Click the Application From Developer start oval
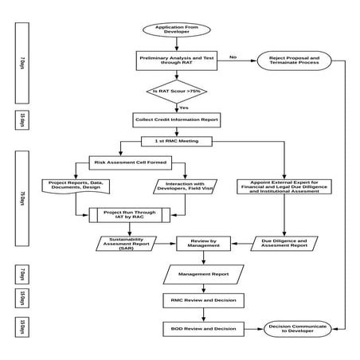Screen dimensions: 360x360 coord(176,29)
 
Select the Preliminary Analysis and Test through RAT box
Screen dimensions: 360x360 coord(176,61)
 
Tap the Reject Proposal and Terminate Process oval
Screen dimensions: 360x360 coord(292,61)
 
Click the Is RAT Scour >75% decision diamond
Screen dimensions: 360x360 coord(176,92)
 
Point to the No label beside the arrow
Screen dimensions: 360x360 coord(233,57)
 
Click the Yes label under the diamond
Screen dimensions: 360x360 coord(184,108)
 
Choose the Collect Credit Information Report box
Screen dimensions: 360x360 coord(176,120)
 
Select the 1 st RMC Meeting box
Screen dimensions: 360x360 coord(177,141)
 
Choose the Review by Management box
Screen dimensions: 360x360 coord(197,243)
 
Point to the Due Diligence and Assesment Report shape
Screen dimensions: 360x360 coord(284,243)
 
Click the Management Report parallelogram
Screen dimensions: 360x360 coord(198,275)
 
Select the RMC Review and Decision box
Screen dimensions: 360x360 coord(198,301)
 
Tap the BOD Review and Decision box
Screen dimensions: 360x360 coord(198,327)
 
